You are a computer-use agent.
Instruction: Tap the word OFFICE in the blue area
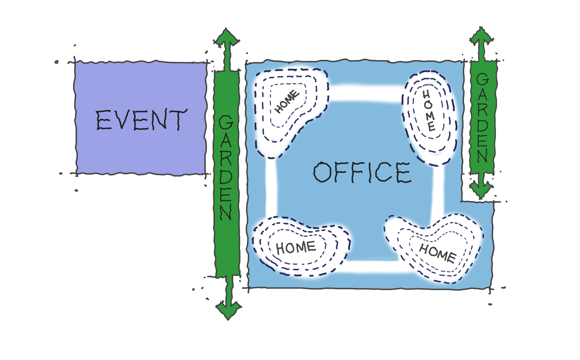click(x=362, y=172)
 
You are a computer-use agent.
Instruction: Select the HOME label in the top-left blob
click(x=287, y=102)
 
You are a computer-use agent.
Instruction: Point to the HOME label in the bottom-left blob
click(x=296, y=247)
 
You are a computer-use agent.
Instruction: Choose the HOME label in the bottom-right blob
click(x=438, y=253)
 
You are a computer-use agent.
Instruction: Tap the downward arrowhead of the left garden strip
click(x=229, y=310)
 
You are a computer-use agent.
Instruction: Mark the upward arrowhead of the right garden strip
click(x=481, y=36)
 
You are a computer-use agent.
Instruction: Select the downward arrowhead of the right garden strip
click(x=481, y=190)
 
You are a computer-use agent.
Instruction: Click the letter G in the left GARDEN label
click(x=226, y=122)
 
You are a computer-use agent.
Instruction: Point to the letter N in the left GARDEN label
click(x=226, y=211)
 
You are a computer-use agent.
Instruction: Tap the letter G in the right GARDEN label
click(x=482, y=79)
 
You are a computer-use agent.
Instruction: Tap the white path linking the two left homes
click(x=271, y=187)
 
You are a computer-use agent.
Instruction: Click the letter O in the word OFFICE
click(x=322, y=172)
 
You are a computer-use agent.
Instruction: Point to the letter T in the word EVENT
click(x=178, y=120)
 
